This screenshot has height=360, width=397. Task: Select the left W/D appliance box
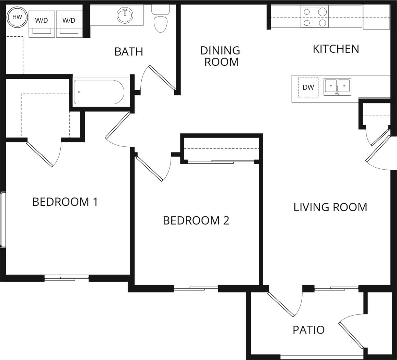(42, 23)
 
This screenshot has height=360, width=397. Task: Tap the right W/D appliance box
(69, 23)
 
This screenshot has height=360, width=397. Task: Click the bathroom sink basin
(125, 15)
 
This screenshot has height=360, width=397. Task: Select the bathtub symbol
(99, 92)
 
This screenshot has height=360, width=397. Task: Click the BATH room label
(129, 52)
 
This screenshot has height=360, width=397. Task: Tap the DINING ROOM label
(220, 56)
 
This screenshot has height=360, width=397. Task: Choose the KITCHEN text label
(336, 49)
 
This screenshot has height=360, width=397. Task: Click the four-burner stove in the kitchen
(314, 17)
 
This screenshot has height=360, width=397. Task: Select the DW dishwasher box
(308, 87)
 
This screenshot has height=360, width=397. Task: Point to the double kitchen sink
(337, 86)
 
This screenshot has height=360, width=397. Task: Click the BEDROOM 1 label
(65, 202)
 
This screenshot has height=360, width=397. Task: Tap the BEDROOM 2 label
(196, 220)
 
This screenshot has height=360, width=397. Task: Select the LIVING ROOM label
(330, 207)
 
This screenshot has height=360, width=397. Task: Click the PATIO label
(308, 330)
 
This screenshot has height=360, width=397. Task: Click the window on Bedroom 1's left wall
(3, 219)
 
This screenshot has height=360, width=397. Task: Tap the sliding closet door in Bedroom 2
(221, 161)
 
